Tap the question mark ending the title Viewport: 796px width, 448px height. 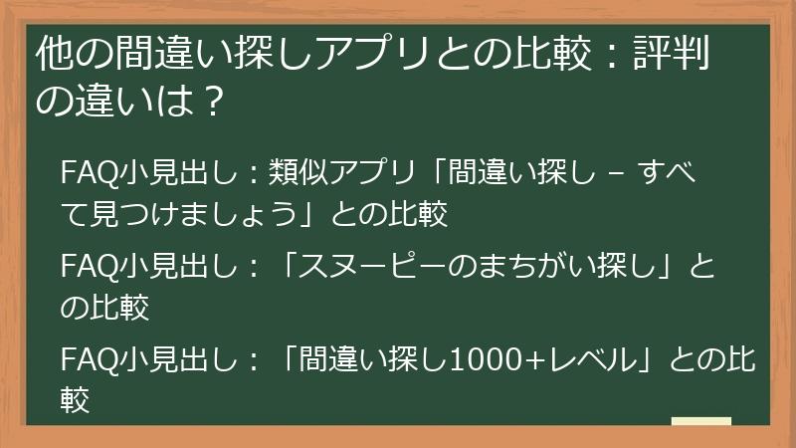click(208, 100)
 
